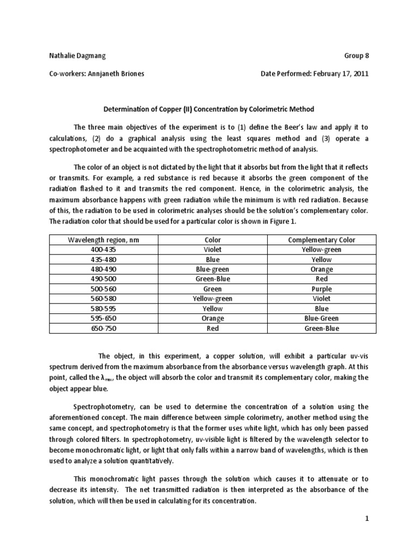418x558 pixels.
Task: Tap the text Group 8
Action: click(x=356, y=56)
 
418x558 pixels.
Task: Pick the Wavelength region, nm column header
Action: click(x=103, y=240)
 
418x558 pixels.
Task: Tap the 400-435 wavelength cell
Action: click(x=103, y=250)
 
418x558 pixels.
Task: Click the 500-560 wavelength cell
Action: click(x=103, y=289)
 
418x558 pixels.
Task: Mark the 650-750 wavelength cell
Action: click(x=103, y=328)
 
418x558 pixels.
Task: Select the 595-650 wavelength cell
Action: click(x=103, y=318)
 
